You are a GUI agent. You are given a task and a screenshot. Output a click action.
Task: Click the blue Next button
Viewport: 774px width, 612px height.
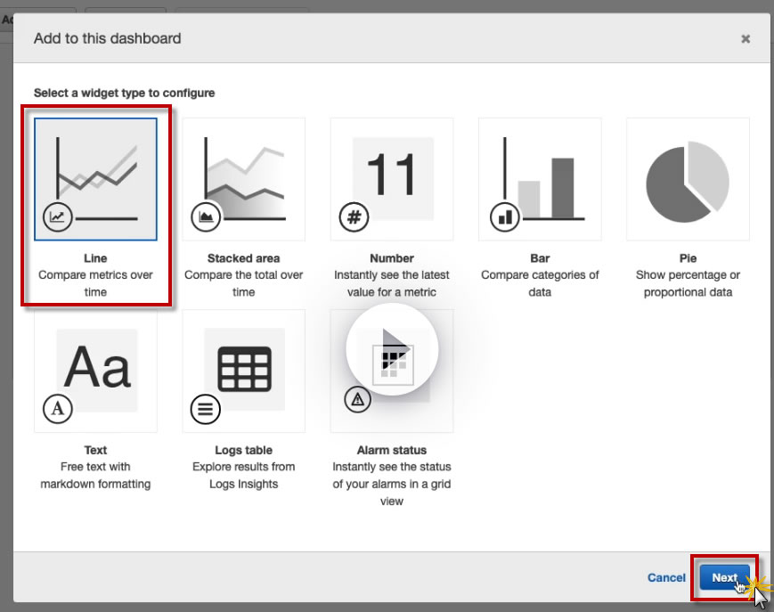[724, 577]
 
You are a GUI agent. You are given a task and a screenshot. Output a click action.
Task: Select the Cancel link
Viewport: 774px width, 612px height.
[666, 577]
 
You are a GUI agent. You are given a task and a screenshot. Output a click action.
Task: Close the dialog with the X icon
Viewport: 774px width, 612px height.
[745, 39]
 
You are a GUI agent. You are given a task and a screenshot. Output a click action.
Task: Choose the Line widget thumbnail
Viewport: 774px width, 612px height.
[96, 179]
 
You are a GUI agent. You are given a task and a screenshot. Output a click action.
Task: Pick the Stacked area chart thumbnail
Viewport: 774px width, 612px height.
[244, 179]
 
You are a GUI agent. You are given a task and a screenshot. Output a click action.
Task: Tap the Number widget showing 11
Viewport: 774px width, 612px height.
[392, 179]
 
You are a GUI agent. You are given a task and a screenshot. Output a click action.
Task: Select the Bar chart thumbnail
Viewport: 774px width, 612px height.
[540, 179]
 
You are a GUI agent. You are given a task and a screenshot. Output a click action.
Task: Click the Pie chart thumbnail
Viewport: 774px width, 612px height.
[688, 179]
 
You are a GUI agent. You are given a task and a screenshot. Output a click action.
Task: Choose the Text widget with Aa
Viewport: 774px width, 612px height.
[96, 371]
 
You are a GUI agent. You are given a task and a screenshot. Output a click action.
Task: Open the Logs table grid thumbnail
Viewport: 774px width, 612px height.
[244, 371]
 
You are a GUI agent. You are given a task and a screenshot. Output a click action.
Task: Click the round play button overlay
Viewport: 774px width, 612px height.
[392, 349]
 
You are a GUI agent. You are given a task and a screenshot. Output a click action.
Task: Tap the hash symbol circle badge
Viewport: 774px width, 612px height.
[354, 216]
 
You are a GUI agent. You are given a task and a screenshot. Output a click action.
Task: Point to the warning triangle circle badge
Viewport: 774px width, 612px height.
[357, 399]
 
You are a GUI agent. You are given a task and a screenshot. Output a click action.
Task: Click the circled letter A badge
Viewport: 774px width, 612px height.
[58, 409]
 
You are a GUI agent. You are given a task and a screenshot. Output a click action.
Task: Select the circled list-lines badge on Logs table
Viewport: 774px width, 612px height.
[206, 409]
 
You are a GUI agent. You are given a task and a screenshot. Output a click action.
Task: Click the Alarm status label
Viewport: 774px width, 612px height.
[392, 450]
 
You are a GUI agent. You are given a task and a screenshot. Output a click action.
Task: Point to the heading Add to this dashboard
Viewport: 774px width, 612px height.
[108, 38]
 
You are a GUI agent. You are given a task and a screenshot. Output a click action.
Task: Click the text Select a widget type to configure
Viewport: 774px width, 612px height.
[125, 93]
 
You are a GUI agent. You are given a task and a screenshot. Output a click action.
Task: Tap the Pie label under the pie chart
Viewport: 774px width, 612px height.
[688, 258]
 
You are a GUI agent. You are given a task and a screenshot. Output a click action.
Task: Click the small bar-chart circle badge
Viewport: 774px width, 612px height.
[505, 216]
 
